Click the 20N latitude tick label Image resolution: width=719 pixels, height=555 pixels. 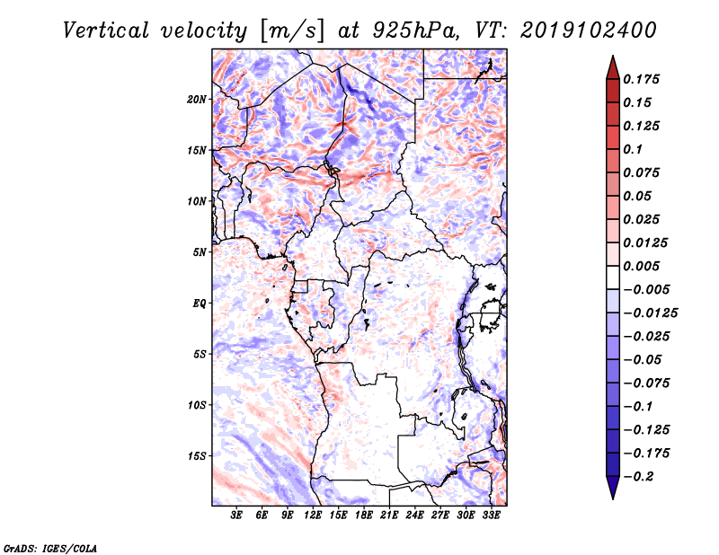point(198,99)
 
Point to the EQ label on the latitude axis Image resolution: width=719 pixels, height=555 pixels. point(200,303)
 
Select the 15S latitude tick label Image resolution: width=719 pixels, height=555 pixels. point(198,455)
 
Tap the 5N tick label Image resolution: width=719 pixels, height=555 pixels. point(200,252)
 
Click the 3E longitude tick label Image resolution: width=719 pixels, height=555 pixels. point(236,515)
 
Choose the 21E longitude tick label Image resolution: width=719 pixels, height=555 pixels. point(389,515)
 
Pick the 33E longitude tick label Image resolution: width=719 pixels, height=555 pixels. point(491,515)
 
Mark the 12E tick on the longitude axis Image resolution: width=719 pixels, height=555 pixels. point(313,515)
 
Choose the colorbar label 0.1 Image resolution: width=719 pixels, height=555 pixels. point(635,149)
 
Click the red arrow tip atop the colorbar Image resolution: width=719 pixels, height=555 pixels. point(612,63)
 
